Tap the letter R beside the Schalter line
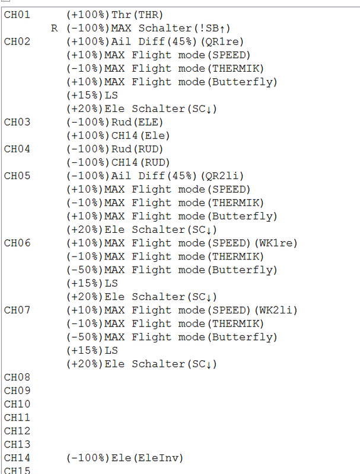pyautogui.click(x=55, y=28)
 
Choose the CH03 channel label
pyautogui.click(x=16, y=122)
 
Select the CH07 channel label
pyautogui.click(x=16, y=310)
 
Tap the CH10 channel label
pyautogui.click(x=16, y=404)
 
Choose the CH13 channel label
pyautogui.click(x=16, y=444)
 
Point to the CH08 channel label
pyautogui.click(x=16, y=377)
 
